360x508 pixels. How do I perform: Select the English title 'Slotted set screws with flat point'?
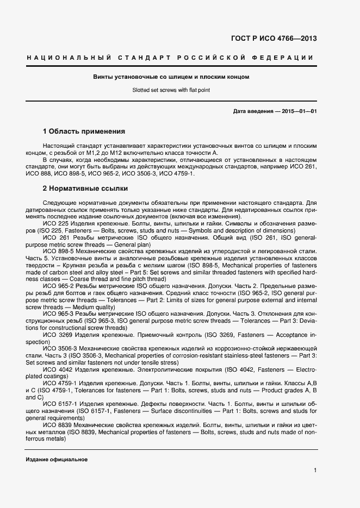[x=171, y=90]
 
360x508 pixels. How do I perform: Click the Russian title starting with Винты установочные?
[x=171, y=77]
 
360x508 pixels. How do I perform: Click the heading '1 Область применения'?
[x=84, y=131]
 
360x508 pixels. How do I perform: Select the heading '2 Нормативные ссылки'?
[x=85, y=189]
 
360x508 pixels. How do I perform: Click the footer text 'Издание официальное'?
[x=57, y=459]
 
